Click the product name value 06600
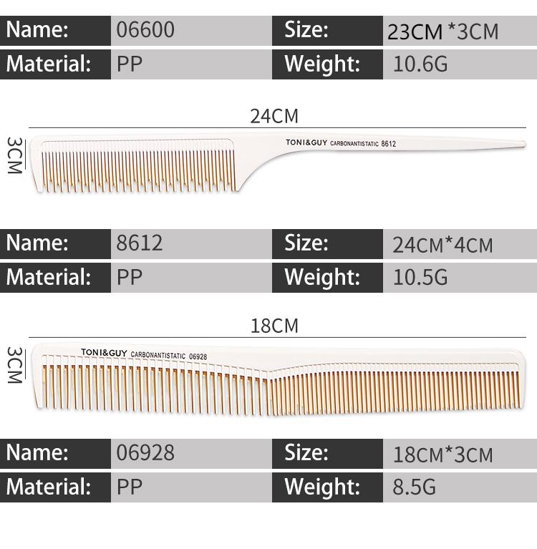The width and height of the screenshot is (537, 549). click(145, 30)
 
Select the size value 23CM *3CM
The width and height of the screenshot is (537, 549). click(442, 32)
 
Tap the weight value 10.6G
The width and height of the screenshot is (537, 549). click(420, 65)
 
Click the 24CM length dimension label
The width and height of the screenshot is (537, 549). click(274, 116)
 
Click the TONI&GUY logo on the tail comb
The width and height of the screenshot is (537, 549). click(306, 142)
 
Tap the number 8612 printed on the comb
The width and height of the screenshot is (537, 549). click(389, 144)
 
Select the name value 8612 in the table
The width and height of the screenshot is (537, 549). click(140, 243)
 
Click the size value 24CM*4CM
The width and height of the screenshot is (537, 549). click(442, 245)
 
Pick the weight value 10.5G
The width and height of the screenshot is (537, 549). click(420, 278)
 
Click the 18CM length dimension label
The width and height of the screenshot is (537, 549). click(274, 326)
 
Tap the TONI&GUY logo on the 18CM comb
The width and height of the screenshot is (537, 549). click(103, 352)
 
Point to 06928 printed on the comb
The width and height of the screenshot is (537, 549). click(198, 356)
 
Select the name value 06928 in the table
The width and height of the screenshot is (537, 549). click(145, 453)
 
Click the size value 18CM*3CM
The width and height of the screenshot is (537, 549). click(442, 455)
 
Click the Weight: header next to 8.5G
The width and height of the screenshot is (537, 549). click(321, 487)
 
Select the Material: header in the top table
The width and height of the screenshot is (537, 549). click(49, 64)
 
